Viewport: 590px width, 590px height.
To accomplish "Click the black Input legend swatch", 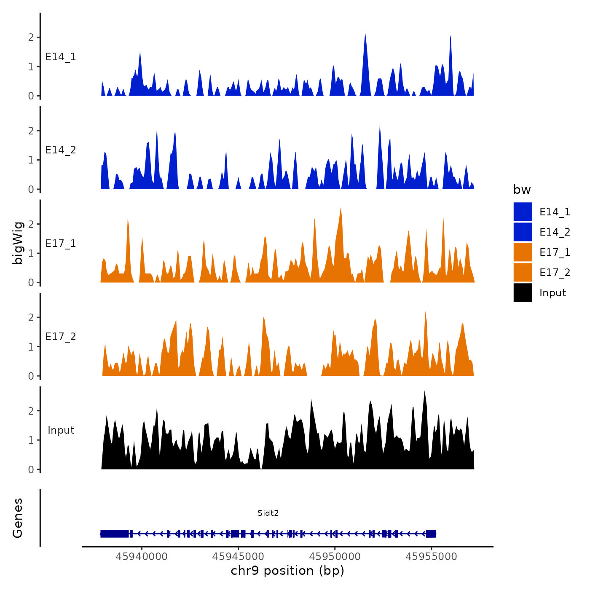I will [523, 292].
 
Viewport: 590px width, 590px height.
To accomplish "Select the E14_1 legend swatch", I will [523, 212].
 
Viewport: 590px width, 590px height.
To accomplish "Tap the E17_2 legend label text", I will [555, 273].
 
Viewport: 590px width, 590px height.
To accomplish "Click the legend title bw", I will [522, 190].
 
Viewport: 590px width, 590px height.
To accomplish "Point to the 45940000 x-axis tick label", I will [142, 557].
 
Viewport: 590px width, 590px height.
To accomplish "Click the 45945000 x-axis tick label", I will [238, 557].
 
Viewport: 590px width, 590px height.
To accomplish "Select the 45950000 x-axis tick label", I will [335, 557].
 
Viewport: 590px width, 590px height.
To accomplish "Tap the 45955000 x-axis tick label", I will [431, 557].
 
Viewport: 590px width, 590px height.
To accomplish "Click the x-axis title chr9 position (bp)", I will [287, 571].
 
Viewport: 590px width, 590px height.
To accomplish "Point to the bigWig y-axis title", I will [18, 243].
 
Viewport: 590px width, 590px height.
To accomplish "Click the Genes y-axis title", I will [18, 518].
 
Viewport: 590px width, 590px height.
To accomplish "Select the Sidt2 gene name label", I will [268, 513].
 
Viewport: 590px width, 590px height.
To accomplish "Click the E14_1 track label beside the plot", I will [61, 57].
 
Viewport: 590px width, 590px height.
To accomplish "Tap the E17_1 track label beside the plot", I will [61, 244].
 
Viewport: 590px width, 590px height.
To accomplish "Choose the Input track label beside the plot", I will [61, 430].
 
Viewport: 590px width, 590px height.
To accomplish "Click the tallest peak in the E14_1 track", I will [365, 35].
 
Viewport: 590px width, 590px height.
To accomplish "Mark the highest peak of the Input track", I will [424, 392].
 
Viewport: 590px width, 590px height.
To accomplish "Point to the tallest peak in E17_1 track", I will [341, 209].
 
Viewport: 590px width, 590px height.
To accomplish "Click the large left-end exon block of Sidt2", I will [115, 534].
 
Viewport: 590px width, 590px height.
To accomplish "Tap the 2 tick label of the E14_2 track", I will [31, 131].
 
